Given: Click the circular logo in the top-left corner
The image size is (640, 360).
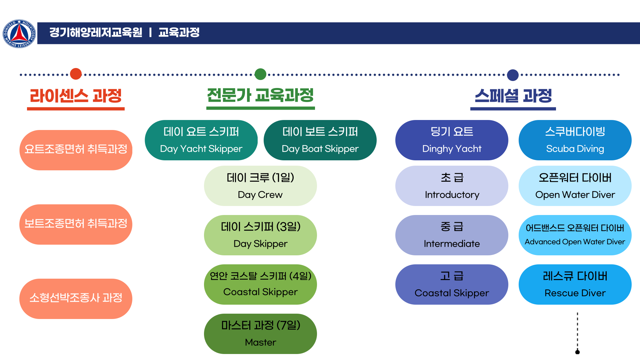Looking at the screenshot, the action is tap(19, 34).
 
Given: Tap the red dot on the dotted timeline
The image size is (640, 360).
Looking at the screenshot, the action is tap(76, 74).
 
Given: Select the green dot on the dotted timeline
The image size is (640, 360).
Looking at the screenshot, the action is tap(260, 74).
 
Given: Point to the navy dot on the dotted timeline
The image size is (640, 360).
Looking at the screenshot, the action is tap(513, 75).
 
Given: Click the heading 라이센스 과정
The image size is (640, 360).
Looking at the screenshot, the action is tap(76, 96).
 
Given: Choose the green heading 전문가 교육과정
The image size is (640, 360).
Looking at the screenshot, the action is tap(260, 95).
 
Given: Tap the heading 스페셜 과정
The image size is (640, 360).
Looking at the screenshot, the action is tap(513, 96).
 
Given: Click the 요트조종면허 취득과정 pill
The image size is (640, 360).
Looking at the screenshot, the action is tap(76, 150).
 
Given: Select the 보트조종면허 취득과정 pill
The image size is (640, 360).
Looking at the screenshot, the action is tap(76, 224).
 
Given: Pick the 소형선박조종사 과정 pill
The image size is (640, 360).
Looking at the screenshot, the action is tap(76, 299).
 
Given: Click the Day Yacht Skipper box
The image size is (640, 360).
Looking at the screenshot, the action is tap(201, 140).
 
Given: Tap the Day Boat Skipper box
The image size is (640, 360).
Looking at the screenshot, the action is tap(320, 140).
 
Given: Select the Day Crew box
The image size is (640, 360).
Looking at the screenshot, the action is tap(260, 186).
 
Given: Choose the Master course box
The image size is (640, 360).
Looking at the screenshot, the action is tap(260, 334).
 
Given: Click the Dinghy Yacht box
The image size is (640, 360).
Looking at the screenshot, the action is tap(452, 140).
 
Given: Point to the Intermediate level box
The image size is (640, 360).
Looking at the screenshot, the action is tap(452, 235).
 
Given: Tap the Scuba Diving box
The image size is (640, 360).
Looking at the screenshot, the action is tap(575, 140).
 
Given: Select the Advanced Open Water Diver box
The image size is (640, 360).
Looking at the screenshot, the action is tap(575, 235).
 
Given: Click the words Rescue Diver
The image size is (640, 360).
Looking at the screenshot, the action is tap(575, 293).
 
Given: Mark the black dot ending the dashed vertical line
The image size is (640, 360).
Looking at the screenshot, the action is tap(578, 352).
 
